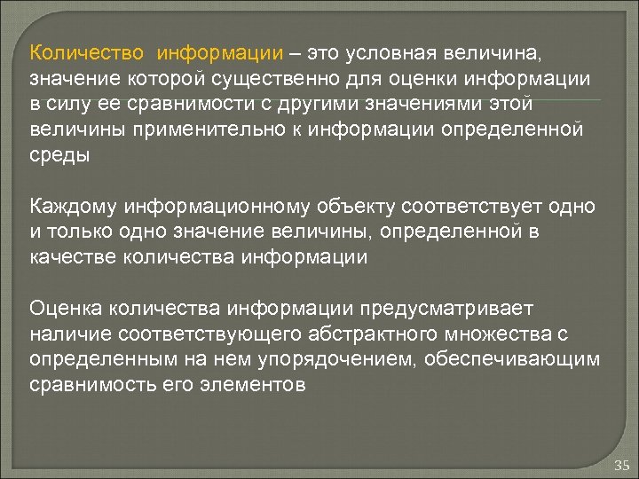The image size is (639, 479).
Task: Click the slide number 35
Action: [x=620, y=465]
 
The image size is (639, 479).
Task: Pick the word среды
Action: [x=59, y=156]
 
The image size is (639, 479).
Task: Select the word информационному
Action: [x=217, y=207]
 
